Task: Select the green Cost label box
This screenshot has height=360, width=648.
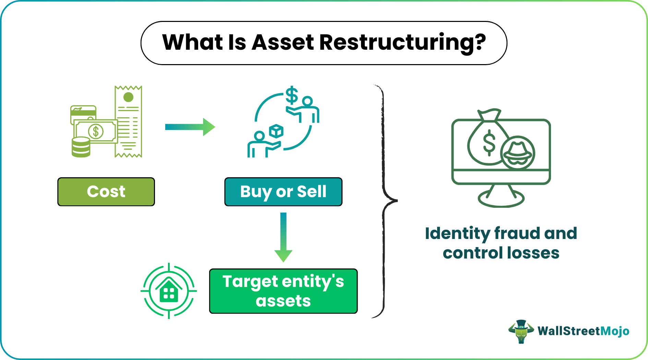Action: coord(106,192)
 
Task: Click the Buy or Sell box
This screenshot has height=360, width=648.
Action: coord(283,192)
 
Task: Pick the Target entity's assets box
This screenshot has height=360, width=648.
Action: coord(283,291)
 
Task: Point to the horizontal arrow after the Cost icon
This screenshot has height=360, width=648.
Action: coord(190,127)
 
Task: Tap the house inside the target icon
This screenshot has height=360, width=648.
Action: coord(169,291)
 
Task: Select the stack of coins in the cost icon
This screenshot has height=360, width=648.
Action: coord(81,147)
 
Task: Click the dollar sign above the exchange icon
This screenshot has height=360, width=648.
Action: coord(292,95)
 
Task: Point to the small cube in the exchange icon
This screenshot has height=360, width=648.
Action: coord(276,131)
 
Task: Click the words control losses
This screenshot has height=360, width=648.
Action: coord(501,253)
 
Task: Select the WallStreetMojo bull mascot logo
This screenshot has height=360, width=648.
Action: coord(521,331)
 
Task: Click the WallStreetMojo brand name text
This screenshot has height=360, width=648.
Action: coord(583,331)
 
